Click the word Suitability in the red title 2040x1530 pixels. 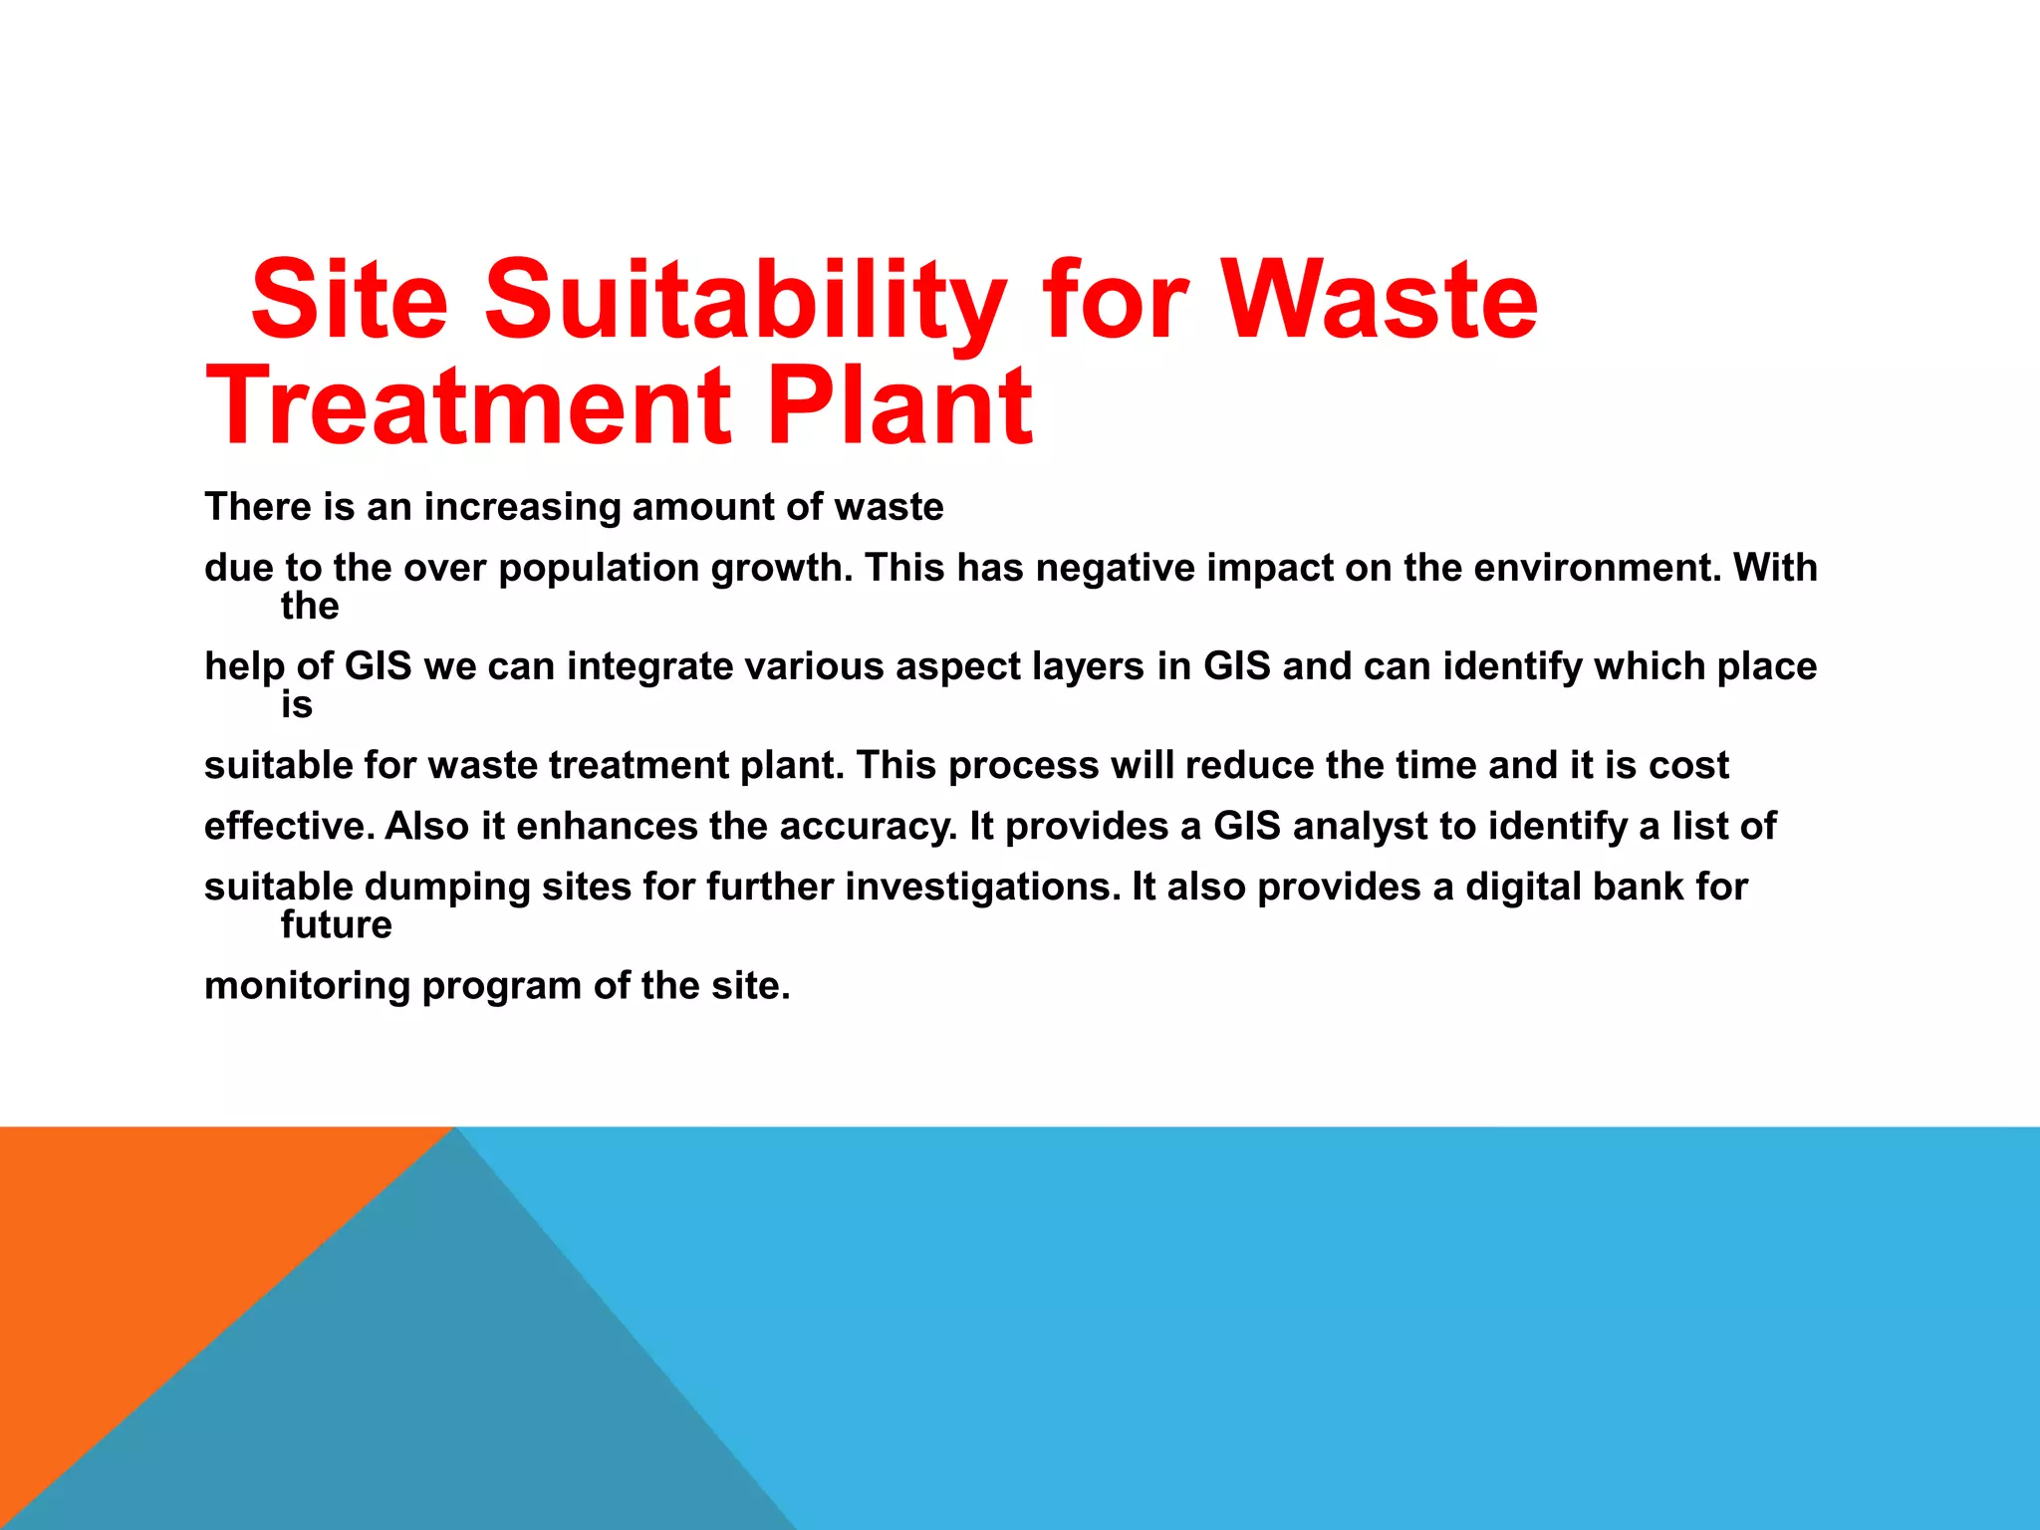(x=745, y=300)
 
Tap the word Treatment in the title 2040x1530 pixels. (x=469, y=405)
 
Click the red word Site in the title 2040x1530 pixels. (x=350, y=300)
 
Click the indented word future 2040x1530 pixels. (x=337, y=925)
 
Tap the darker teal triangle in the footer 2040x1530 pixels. (x=448, y=1395)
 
